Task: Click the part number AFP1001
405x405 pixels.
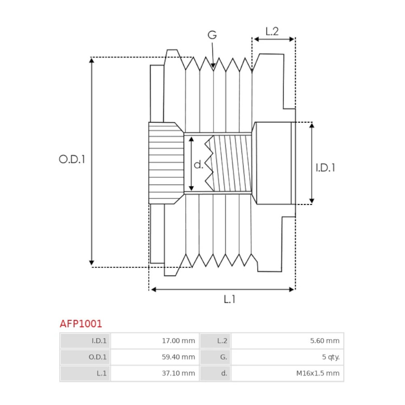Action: click(81, 324)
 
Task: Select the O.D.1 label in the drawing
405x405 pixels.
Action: click(72, 159)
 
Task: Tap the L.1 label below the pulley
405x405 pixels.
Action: click(229, 299)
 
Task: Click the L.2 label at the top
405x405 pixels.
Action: click(272, 31)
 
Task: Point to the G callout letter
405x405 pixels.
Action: click(212, 35)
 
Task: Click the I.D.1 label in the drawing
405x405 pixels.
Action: click(325, 167)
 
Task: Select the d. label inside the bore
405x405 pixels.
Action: click(198, 164)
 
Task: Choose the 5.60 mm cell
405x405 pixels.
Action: click(324, 341)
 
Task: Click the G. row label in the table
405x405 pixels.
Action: click(224, 357)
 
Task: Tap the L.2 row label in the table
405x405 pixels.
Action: click(222, 341)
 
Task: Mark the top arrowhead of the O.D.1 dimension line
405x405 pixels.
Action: click(92, 60)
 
